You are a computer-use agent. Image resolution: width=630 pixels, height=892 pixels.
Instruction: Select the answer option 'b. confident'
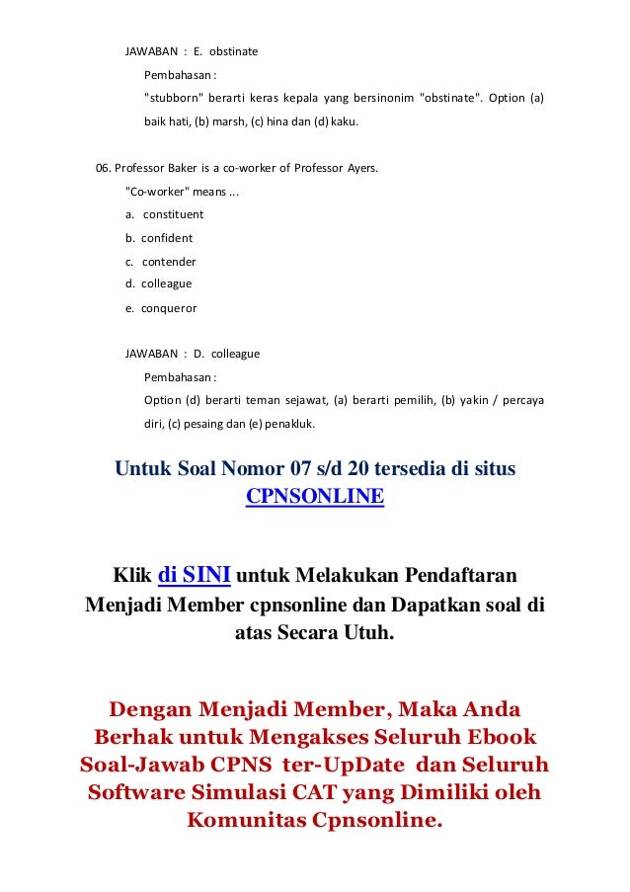(159, 238)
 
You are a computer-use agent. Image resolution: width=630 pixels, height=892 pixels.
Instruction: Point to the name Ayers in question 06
(360, 167)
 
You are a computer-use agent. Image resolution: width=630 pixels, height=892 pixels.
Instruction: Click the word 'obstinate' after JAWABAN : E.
(232, 50)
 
